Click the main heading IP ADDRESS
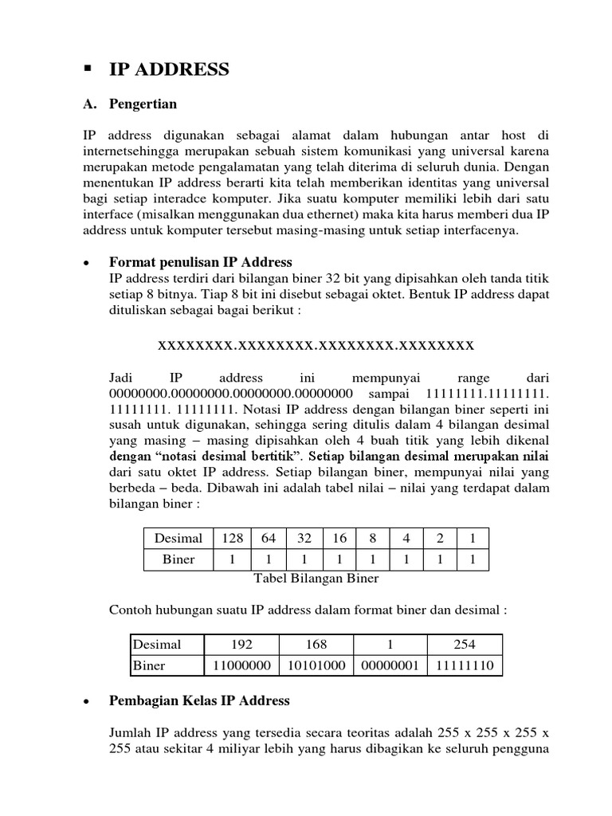(168, 70)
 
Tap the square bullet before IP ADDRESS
(88, 69)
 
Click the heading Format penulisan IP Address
(200, 262)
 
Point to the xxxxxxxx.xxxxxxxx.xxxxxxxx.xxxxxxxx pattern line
(316, 345)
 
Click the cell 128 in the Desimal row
(232, 539)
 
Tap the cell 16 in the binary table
(339, 539)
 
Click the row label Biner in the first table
(178, 559)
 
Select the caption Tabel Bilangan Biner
(316, 579)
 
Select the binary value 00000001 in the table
(389, 665)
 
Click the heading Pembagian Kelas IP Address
(198, 701)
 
